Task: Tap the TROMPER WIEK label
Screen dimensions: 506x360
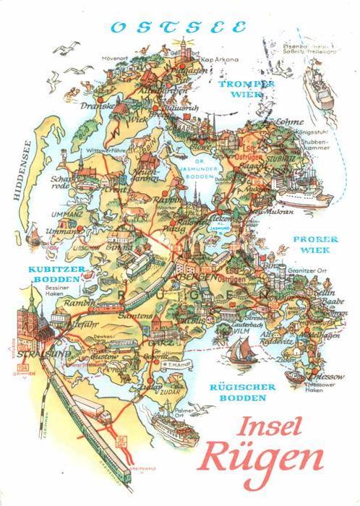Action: point(247,88)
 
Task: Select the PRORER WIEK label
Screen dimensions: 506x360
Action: point(312,244)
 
